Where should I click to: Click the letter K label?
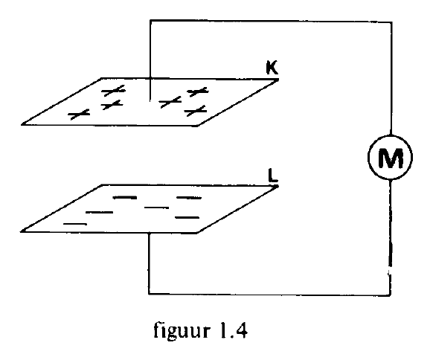click(x=272, y=68)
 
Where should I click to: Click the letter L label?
click(x=273, y=176)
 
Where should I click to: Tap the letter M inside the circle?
click(x=390, y=158)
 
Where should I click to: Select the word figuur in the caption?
click(x=181, y=330)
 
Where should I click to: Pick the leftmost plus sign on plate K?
click(x=79, y=114)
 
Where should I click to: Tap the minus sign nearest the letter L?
click(x=189, y=198)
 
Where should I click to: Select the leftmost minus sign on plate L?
click(x=75, y=224)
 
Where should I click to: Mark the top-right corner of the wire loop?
click(x=391, y=22)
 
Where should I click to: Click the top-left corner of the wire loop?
click(x=150, y=20)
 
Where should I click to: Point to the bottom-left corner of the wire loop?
click(x=149, y=294)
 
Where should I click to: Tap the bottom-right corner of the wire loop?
click(x=390, y=295)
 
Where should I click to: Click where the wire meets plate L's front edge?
click(x=149, y=233)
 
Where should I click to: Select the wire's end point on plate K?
click(x=150, y=101)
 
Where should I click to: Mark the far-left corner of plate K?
click(x=22, y=124)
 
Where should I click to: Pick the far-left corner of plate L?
click(x=22, y=231)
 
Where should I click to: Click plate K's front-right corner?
click(x=197, y=126)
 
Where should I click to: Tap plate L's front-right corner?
click(x=197, y=233)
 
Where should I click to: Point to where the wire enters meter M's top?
click(x=391, y=135)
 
